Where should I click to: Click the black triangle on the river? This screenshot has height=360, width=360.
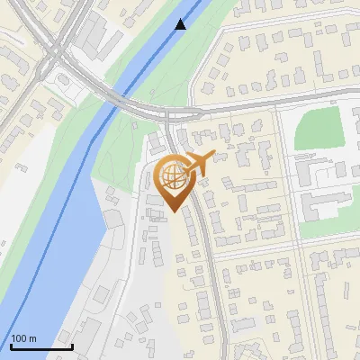click(x=181, y=24)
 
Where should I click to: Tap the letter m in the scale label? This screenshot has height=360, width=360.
click(x=33, y=338)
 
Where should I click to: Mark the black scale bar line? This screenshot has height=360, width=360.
click(x=41, y=346)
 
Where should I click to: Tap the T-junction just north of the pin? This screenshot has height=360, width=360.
click(x=168, y=115)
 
